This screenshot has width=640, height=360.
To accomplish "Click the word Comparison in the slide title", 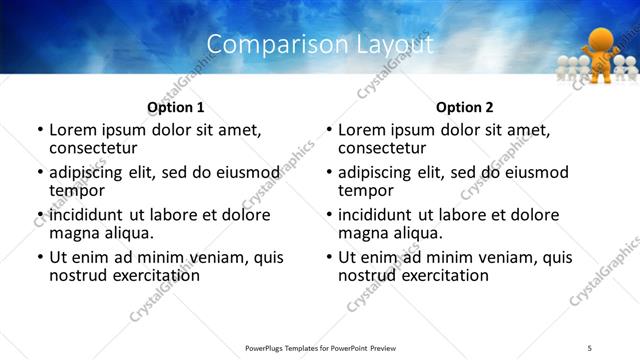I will [x=263, y=44].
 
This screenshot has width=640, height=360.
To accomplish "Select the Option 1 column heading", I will [x=175, y=106].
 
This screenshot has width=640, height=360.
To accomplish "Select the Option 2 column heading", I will [x=464, y=106].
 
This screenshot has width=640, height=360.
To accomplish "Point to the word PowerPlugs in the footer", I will [x=270, y=348].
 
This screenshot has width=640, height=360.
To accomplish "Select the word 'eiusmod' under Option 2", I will [x=533, y=172].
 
